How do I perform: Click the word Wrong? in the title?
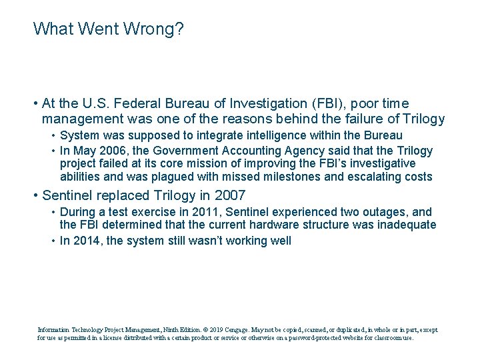click(157, 29)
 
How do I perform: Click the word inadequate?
click(407, 225)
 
